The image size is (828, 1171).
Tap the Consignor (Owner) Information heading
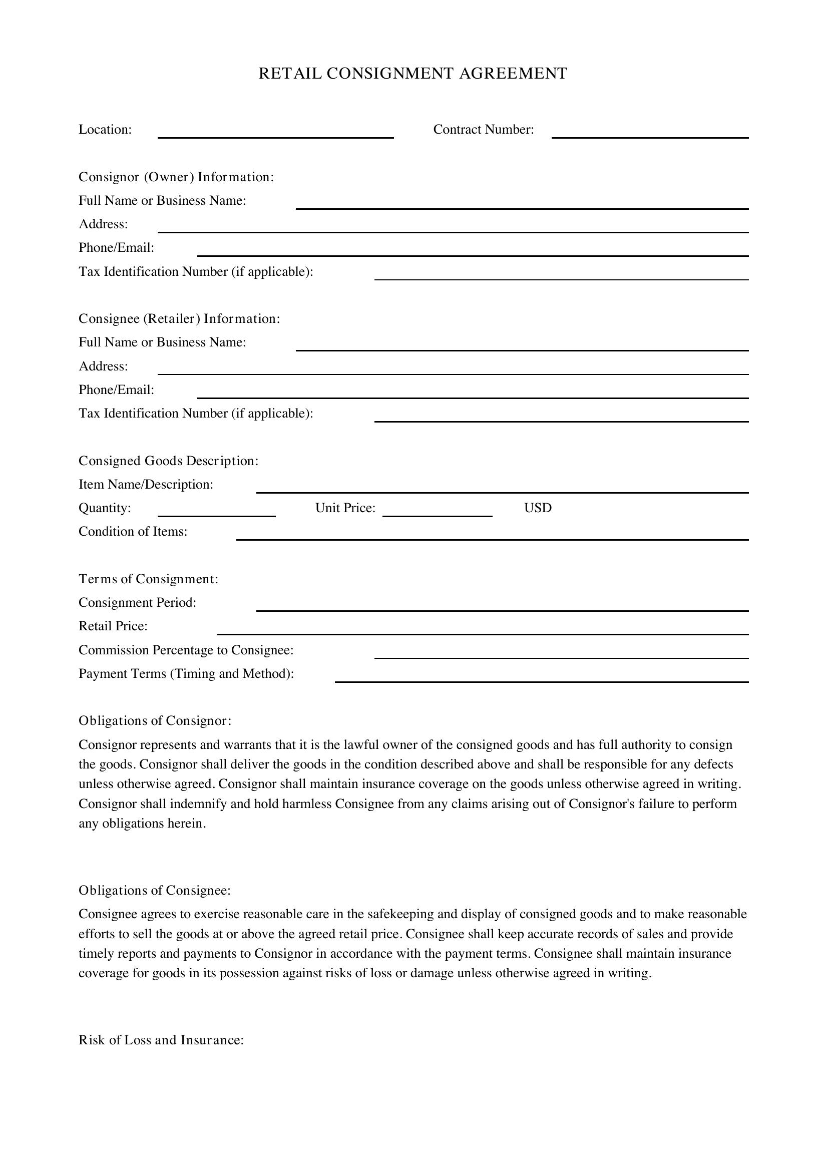tap(176, 177)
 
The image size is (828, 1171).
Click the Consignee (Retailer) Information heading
tap(179, 319)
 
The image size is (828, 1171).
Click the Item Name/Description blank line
tap(502, 487)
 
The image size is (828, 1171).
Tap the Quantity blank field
tap(216, 511)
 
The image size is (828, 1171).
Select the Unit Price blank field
tap(437, 511)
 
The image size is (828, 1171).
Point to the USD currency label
tap(537, 508)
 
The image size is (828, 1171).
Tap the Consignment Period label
tap(137, 603)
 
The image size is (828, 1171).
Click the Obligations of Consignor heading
tap(155, 720)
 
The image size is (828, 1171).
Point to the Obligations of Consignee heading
tap(155, 891)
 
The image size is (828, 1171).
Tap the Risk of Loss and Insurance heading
tap(161, 1040)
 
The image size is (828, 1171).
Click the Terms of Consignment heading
tap(148, 579)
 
